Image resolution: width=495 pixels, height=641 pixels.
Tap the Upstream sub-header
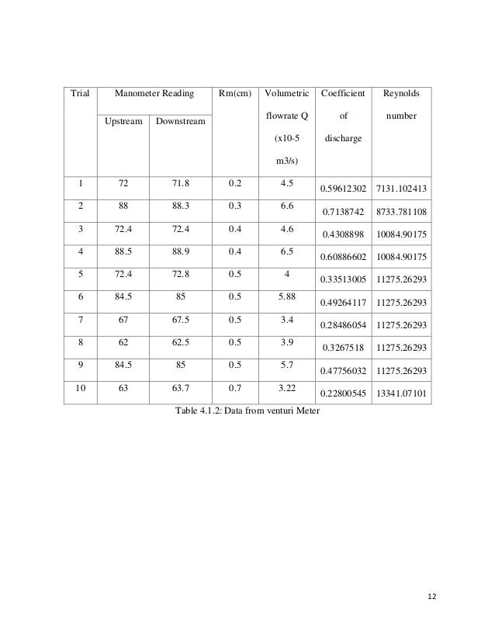click(119, 121)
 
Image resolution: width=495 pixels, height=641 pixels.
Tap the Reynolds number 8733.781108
click(401, 212)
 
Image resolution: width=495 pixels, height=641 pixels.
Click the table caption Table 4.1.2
click(248, 411)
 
